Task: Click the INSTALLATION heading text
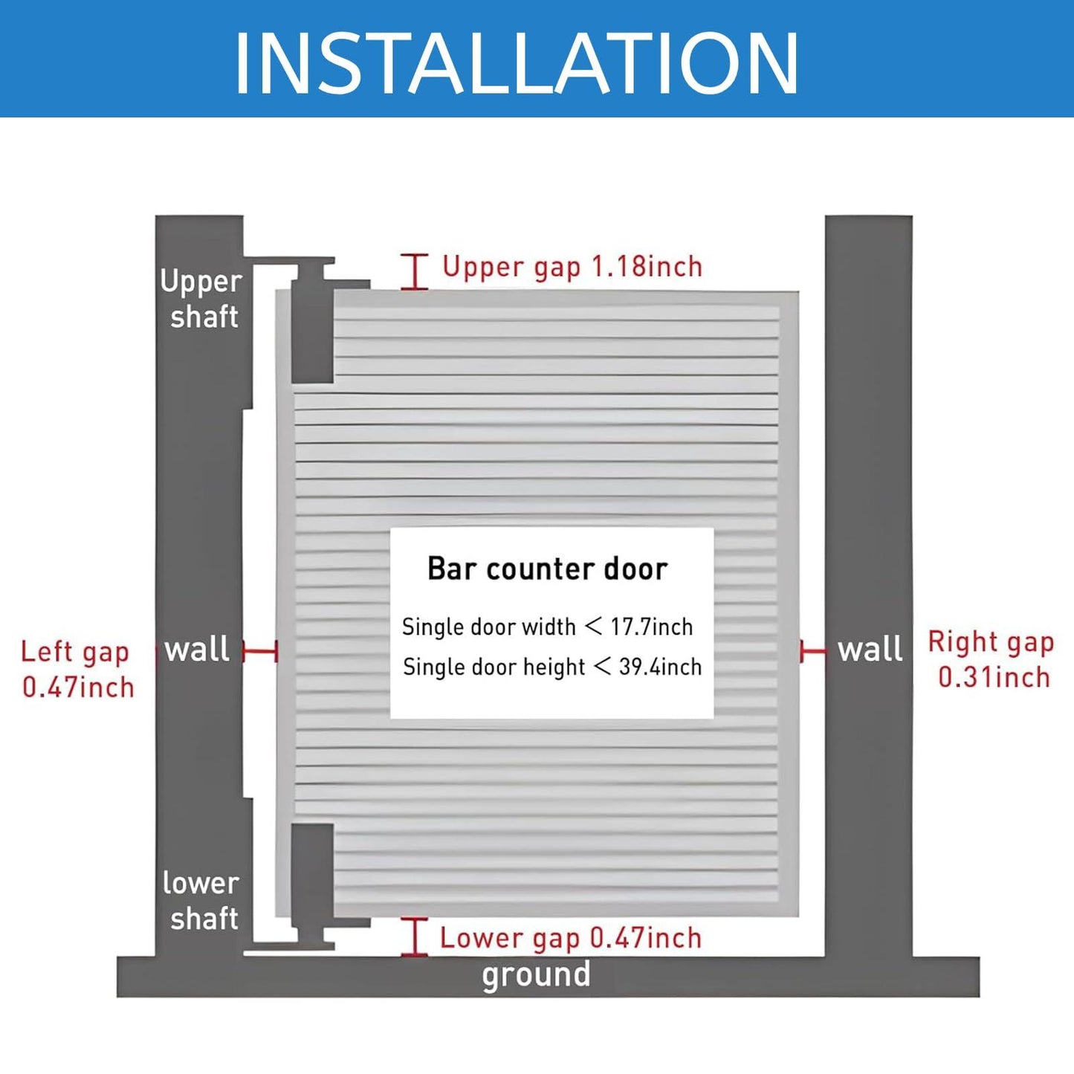[516, 64]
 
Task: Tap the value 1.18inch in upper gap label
[647, 266]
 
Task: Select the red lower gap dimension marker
[415, 936]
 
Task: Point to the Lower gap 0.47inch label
[570, 938]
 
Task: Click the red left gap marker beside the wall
[260, 652]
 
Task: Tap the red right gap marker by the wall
[812, 652]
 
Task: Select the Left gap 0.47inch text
[77, 669]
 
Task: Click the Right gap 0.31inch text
[991, 659]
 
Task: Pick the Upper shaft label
[201, 299]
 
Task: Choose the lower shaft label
[201, 901]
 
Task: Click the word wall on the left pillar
[197, 650]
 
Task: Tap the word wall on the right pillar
[870, 650]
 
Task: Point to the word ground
[536, 975]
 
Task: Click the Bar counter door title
[547, 569]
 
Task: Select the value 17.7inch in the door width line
[652, 627]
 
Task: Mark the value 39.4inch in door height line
[660, 667]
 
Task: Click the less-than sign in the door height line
[603, 667]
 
